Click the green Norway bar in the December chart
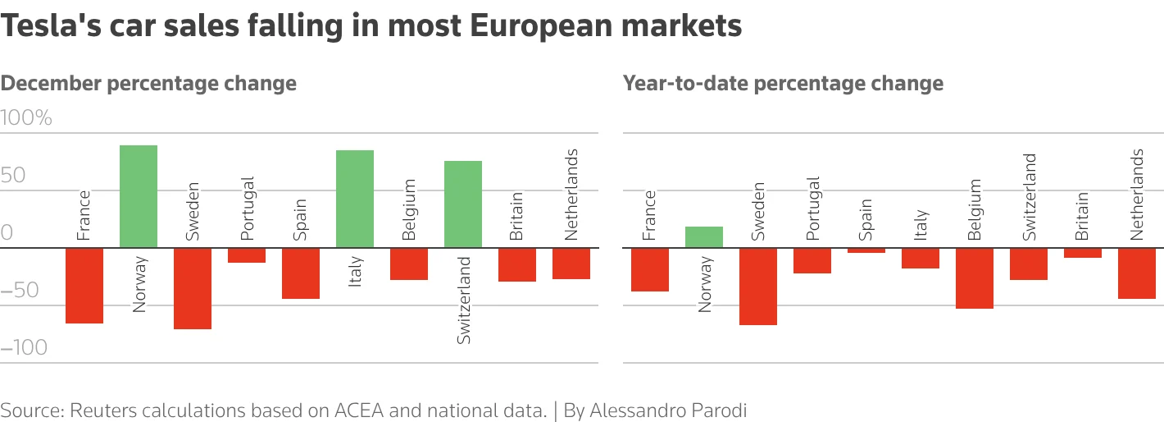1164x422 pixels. point(139,196)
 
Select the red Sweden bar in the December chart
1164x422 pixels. point(193,288)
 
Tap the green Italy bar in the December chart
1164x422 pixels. point(355,199)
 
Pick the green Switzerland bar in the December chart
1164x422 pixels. point(463,204)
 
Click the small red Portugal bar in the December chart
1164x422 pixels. point(247,255)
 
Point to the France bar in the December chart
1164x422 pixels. point(84,286)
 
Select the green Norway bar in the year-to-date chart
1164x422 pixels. point(704,237)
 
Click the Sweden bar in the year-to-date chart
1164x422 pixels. point(758,287)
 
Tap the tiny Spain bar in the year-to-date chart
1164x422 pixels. point(866,250)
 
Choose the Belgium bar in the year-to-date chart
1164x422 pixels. point(975,278)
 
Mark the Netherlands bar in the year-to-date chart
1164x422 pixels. point(1137,273)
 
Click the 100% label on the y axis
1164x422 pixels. point(27,118)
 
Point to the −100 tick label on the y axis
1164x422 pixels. point(25,348)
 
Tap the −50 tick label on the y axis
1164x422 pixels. point(20,291)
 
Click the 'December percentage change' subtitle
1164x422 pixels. point(148,83)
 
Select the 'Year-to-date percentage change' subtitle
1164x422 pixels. point(783,83)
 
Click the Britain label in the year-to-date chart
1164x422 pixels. point(1083,217)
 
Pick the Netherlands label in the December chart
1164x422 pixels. point(571,195)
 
